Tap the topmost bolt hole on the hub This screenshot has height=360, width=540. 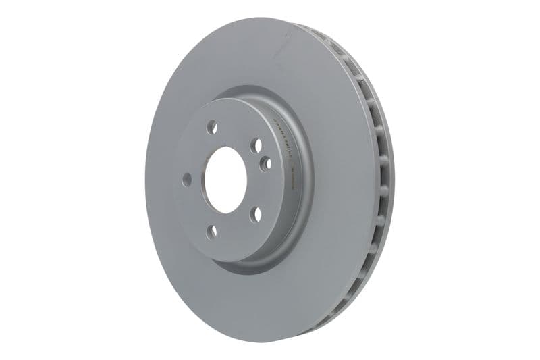coord(211,126)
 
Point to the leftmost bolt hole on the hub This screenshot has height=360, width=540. coord(187,180)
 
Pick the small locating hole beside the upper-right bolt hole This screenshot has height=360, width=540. coord(265,163)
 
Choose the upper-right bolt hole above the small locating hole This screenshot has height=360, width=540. coord(256,145)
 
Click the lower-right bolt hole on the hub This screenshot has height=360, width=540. coord(256,215)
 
